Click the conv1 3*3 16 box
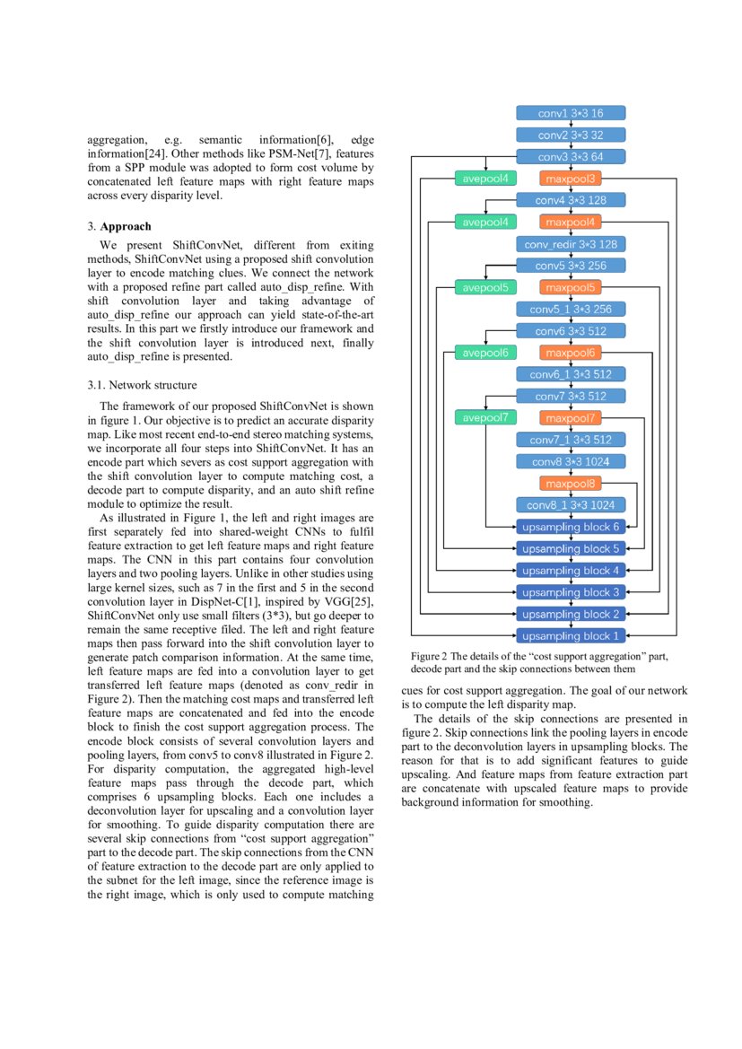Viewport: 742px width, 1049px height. pos(571,113)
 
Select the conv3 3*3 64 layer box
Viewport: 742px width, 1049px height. pos(571,157)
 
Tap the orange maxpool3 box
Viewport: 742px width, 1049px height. pos(571,179)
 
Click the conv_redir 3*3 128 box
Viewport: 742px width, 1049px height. pos(571,244)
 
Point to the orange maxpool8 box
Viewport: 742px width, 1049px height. pos(571,484)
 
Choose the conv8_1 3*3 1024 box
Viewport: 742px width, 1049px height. pos(571,505)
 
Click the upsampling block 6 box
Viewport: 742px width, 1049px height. pos(571,527)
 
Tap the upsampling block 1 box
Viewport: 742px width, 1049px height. pos(571,636)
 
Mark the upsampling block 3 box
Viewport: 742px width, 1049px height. pos(571,592)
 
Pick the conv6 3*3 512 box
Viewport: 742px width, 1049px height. pos(571,331)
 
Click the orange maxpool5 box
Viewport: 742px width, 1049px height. pos(571,288)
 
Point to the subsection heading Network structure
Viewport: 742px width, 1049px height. pos(153,386)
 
